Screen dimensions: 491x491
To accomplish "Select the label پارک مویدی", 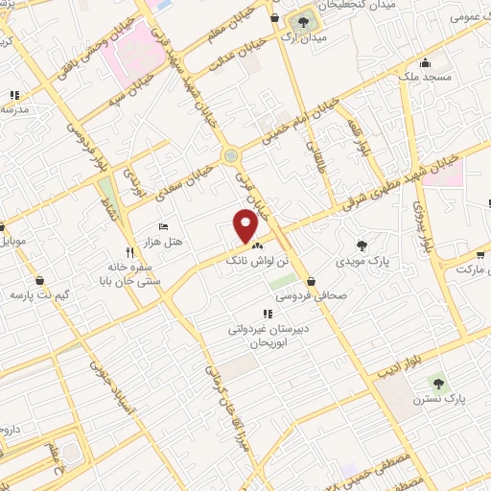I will [361, 260].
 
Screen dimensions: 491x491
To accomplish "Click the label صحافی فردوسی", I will [312, 295].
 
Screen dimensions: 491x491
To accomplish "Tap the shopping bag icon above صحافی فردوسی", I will [312, 281].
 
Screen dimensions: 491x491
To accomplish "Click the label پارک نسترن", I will [436, 397].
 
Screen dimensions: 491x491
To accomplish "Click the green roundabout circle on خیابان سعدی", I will [230, 155].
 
